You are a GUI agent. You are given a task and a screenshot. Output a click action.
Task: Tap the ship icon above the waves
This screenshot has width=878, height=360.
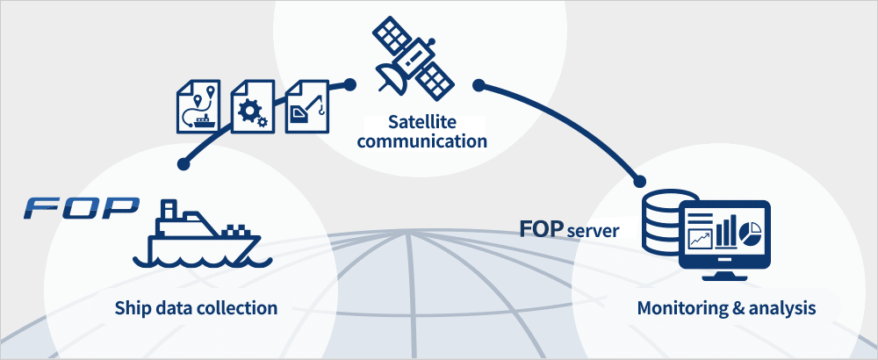[198, 234]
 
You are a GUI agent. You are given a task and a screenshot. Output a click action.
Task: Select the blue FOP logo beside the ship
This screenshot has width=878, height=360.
[82, 208]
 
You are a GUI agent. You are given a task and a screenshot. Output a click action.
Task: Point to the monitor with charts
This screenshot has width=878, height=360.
[723, 237]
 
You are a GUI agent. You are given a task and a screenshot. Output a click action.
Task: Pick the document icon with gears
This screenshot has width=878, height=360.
[254, 105]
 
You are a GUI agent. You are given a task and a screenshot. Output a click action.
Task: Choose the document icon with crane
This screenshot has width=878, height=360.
[308, 105]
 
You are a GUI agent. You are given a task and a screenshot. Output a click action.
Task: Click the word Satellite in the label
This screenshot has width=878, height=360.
[421, 120]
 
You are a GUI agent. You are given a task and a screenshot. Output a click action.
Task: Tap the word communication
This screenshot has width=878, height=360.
[421, 140]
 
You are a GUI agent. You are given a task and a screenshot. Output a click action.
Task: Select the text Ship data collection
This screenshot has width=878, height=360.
[196, 308]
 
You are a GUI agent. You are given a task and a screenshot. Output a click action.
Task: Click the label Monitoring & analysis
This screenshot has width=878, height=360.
[726, 308]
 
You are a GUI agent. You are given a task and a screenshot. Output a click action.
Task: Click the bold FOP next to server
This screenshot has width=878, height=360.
[540, 230]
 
